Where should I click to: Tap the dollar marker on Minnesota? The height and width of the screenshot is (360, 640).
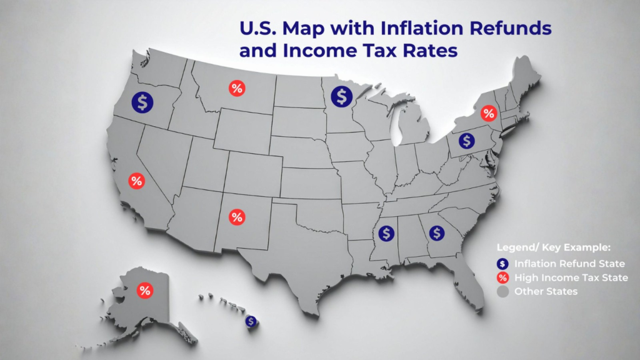[x=341, y=96]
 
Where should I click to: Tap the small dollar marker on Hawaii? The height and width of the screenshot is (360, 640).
[x=251, y=321]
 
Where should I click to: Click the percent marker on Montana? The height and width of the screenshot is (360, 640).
[x=236, y=89]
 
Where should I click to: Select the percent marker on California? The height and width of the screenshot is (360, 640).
[x=136, y=181]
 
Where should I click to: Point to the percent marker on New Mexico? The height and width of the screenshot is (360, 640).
[x=237, y=217]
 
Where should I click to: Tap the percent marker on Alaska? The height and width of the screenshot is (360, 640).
[x=145, y=291]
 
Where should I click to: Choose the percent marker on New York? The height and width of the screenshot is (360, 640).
[x=489, y=114]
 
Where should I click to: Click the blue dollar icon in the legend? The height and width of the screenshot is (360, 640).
[x=501, y=264]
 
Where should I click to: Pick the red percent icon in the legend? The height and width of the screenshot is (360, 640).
[x=501, y=277]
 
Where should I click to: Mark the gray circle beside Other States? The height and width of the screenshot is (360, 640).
[x=501, y=291]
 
